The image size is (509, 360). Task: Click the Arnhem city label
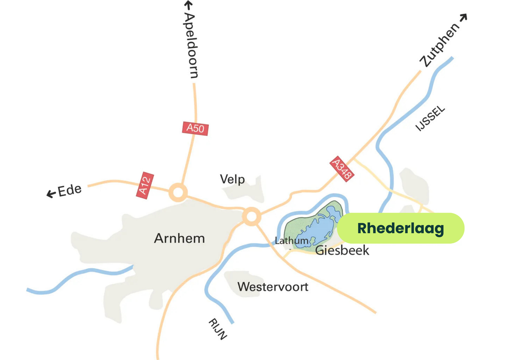tap(179, 238)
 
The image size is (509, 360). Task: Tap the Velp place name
tap(233, 179)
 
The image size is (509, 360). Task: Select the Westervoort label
tap(273, 287)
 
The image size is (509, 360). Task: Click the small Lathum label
tap(292, 241)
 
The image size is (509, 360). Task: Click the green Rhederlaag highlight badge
tap(400, 229)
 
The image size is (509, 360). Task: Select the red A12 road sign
tap(144, 186)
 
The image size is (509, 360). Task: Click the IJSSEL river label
tap(431, 119)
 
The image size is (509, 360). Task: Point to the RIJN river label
tap(217, 329)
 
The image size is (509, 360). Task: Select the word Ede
tap(69, 190)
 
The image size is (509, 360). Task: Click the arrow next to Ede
tap(51, 194)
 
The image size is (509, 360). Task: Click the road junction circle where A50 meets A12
tap(178, 192)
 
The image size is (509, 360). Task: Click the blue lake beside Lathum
tap(318, 225)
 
